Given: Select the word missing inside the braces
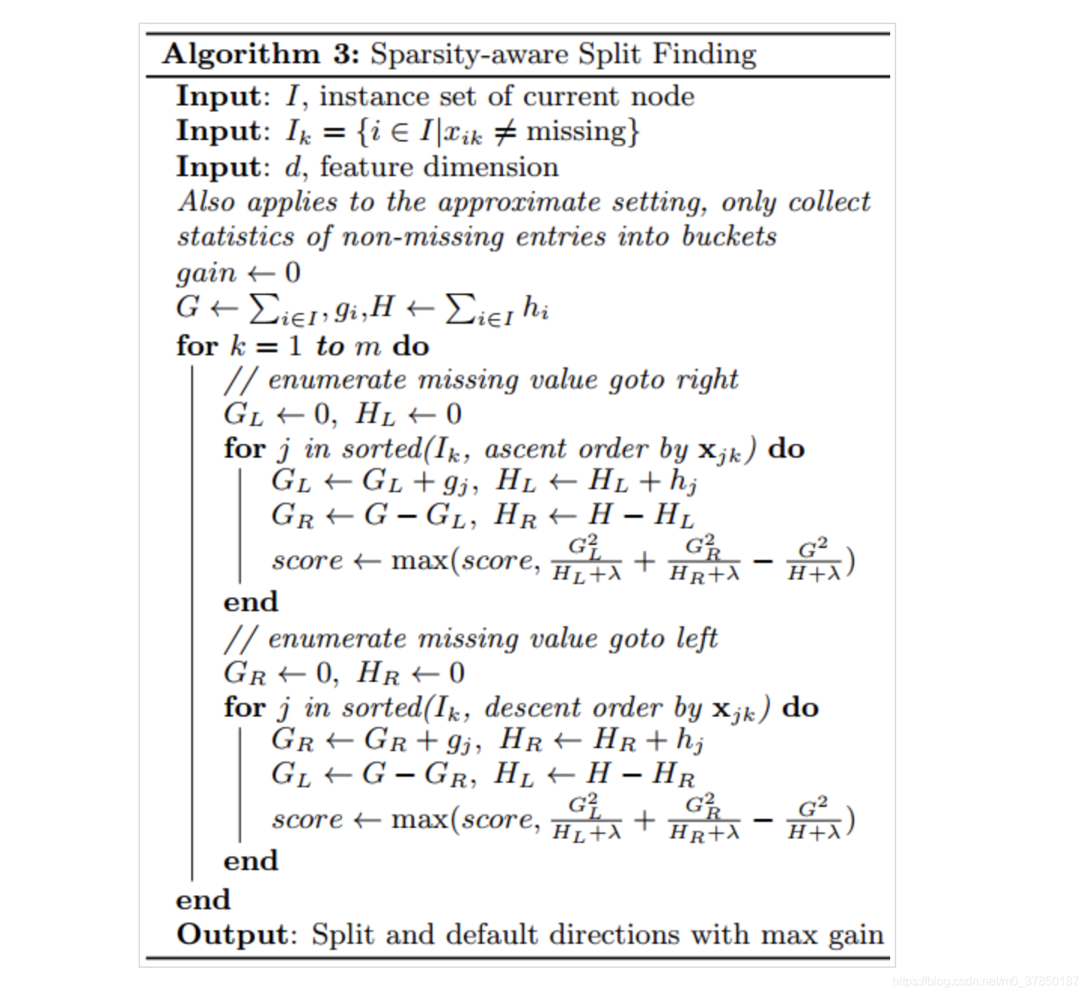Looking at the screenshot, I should click(575, 132).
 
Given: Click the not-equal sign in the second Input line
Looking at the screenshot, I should click(505, 132).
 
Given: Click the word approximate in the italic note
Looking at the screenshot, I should click(520, 202).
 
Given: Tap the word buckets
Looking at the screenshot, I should click(728, 236).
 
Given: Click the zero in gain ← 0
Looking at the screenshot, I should click(293, 272).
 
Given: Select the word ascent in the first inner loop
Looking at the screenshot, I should click(525, 449).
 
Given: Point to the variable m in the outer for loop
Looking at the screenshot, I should click(368, 346).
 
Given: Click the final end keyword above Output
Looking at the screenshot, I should click(203, 899).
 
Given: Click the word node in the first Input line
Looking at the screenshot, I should click(662, 96).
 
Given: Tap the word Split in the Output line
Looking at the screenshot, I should click(343, 934).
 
